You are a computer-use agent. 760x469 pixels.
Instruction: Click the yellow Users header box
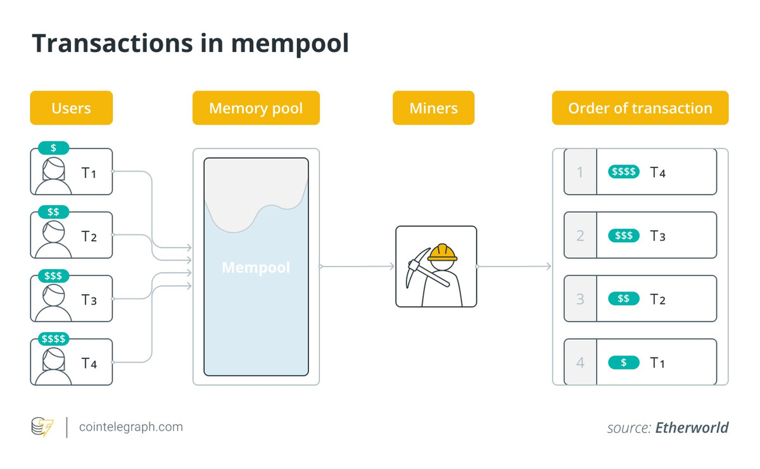71,108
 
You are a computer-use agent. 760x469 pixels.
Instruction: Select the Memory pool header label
256,108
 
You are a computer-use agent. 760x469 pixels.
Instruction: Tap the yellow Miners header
433,108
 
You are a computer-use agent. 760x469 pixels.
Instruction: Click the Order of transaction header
640,108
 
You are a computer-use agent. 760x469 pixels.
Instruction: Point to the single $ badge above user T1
53,148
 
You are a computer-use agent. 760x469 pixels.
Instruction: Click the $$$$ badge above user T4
53,338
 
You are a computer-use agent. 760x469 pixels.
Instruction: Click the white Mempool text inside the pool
256,267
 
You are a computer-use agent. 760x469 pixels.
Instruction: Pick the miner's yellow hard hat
442,253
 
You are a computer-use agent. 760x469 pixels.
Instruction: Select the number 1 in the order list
580,172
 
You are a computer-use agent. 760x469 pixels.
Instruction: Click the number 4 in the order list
580,363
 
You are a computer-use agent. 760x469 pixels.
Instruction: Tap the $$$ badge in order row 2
624,236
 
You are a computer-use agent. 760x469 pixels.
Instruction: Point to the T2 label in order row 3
657,299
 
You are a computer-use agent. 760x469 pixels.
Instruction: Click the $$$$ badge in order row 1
624,172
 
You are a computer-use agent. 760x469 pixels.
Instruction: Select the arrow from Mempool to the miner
358,267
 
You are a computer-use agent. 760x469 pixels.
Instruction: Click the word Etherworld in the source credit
692,428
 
